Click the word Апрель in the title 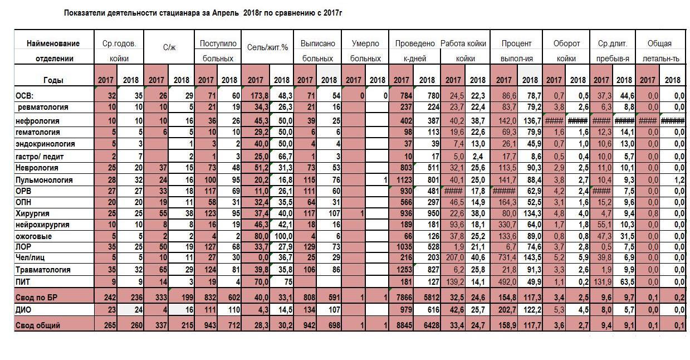tap(226, 13)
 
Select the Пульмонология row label tap(44, 180)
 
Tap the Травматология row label tap(43, 270)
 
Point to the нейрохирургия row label tap(42, 225)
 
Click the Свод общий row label tap(37, 325)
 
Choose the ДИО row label tap(23, 310)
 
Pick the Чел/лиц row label tap(30, 257)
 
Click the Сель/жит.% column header tap(267, 47)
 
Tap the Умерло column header tap(365, 43)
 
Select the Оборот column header tap(566, 43)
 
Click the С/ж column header tap(169, 47)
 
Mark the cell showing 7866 tap(401, 298)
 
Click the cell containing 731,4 tap(504, 257)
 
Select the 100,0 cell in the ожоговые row tap(282, 236)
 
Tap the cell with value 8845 tap(401, 325)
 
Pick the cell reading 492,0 tap(504, 282)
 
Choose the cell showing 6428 tap(427, 325)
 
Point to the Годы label tap(53, 80)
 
